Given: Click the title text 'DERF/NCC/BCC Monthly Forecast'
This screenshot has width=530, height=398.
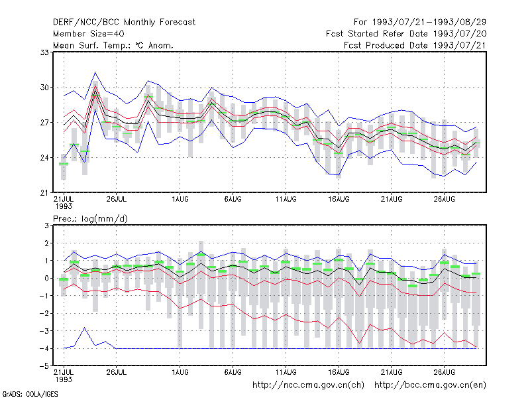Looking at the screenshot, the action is tap(124, 23).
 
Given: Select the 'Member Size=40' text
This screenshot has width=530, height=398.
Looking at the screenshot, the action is tap(89, 34).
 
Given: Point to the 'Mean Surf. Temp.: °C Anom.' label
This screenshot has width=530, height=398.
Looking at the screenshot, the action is tap(113, 45).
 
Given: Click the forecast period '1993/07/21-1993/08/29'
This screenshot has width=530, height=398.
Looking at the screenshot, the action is tap(429, 23).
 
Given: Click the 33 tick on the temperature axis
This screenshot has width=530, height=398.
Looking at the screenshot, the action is tap(44, 52).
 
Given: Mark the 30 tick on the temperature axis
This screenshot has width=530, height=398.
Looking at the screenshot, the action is tap(44, 88).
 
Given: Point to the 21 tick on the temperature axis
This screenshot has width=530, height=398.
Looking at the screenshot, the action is tap(44, 193).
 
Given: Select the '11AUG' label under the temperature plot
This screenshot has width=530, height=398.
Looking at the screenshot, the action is tap(286, 200).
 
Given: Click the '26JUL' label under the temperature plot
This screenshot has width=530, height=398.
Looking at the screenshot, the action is tap(117, 200).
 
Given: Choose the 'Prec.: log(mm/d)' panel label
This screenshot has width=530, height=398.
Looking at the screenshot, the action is tap(90, 219).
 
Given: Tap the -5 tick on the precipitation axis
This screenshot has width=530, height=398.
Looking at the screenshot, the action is tap(44, 366).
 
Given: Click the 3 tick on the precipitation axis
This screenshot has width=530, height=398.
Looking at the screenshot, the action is tap(46, 226).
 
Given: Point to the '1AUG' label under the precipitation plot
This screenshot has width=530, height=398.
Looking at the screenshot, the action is tap(180, 372).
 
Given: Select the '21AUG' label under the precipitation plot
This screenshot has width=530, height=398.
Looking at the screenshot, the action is tap(392, 372).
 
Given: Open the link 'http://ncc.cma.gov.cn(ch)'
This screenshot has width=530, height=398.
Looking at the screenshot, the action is tap(308, 385).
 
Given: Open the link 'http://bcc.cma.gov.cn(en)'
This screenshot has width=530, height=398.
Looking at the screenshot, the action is tap(430, 385).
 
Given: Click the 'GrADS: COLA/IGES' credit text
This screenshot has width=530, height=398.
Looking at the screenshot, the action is tap(30, 394).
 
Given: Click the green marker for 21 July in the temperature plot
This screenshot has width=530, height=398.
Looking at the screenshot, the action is tap(64, 164).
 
